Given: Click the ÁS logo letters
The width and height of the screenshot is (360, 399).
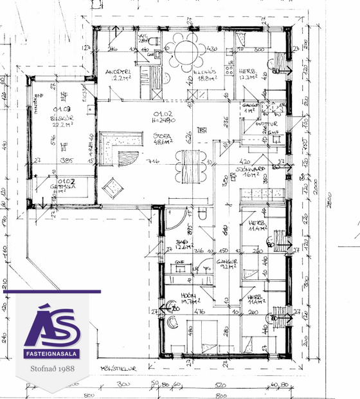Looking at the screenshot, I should [x=52, y=328].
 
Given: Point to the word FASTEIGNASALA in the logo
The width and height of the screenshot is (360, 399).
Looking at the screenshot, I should [x=52, y=355].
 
